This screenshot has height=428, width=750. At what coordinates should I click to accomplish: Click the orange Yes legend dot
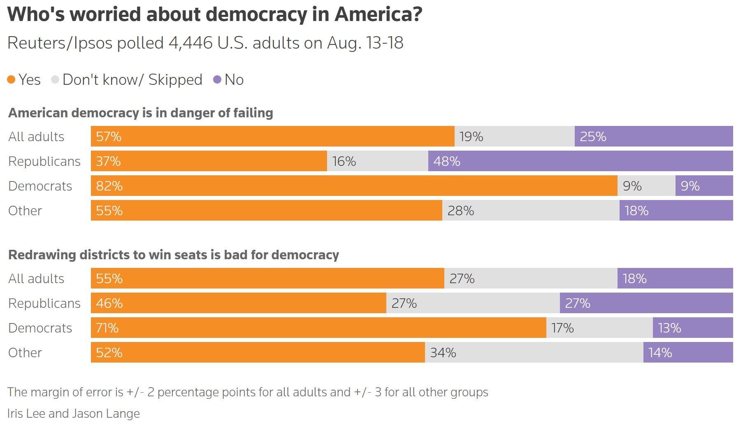click(x=11, y=79)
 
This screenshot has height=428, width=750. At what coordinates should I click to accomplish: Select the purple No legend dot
click(x=217, y=79)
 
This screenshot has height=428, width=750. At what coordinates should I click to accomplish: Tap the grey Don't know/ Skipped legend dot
click(x=55, y=79)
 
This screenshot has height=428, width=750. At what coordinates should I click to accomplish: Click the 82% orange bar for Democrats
click(x=354, y=186)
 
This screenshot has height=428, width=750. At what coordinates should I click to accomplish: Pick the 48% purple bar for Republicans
click(x=580, y=161)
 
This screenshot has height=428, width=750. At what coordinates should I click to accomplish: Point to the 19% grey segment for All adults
click(x=514, y=136)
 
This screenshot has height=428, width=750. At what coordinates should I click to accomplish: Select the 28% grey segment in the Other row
click(x=531, y=210)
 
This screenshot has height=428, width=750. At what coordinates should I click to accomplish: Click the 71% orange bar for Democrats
click(x=318, y=328)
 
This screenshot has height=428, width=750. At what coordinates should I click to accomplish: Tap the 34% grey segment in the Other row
click(x=534, y=352)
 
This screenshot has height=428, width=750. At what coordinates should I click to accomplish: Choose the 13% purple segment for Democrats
click(x=693, y=328)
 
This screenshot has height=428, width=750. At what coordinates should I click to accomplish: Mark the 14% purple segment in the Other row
click(x=688, y=352)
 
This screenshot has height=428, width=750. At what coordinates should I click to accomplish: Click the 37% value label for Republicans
click(x=108, y=161)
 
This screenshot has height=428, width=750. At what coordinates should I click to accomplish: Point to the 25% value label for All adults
click(x=593, y=136)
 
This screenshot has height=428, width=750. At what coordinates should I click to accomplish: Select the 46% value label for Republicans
click(x=109, y=303)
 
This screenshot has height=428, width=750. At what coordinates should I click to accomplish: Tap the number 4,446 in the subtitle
click(x=190, y=43)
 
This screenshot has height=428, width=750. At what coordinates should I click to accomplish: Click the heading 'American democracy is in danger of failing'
click(x=140, y=113)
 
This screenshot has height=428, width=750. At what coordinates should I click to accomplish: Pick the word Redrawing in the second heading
click(x=42, y=255)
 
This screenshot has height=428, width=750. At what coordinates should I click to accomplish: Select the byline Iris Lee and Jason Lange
click(x=73, y=413)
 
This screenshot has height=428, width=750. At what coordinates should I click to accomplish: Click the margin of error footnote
click(x=247, y=392)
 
